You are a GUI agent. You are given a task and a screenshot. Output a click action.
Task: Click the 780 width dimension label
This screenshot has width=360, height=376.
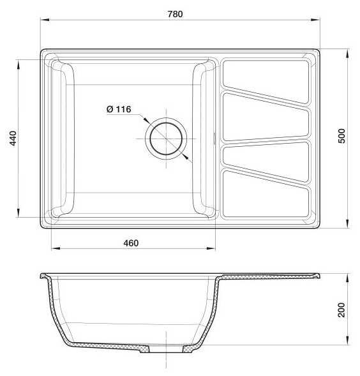coord(175,14)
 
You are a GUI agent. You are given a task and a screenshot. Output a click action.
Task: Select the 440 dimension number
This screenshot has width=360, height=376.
coord(13,139)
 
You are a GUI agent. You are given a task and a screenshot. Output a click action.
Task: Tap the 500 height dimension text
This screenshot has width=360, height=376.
coord(341,136)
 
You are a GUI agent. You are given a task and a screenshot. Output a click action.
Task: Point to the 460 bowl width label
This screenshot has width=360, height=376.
coord(131,243)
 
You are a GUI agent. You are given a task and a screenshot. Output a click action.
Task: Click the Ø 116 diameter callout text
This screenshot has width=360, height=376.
coord(119,109)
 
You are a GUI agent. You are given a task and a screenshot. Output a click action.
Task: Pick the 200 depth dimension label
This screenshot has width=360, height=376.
coord(341,310)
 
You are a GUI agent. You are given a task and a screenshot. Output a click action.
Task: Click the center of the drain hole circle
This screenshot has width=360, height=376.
coord(166,139)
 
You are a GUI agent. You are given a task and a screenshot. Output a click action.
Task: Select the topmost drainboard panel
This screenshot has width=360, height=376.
coord(266,82)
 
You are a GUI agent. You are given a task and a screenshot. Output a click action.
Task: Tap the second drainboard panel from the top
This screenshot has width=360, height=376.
coord(266,117)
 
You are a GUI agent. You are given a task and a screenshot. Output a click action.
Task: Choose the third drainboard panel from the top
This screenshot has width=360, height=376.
coord(266,162)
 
